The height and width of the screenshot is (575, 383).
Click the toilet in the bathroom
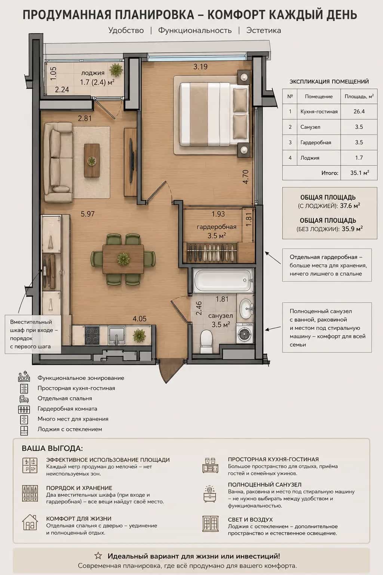(206, 338)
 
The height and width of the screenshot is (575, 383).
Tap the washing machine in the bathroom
(245, 333)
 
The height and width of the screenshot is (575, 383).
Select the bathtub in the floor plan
(223, 280)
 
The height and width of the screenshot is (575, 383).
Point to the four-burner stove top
(92, 335)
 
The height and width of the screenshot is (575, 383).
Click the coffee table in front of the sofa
(92, 160)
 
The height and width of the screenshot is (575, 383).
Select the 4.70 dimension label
(245, 177)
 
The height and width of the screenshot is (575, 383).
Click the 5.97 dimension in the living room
(88, 214)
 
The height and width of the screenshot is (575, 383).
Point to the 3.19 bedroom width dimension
(200, 67)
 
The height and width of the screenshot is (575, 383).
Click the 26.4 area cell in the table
(359, 112)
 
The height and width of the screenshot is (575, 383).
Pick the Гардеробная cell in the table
(316, 143)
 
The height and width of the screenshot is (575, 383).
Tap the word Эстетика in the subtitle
(263, 30)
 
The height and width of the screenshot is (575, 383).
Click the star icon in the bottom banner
(98, 556)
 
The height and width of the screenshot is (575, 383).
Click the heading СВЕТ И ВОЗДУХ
(250, 520)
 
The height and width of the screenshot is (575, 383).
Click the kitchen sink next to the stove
(116, 335)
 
